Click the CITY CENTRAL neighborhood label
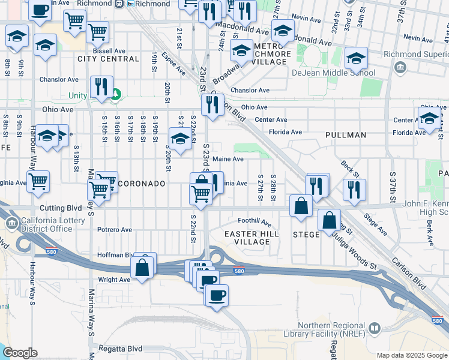tap(109, 59)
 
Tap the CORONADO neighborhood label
tap(141, 183)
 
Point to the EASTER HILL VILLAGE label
tap(247, 237)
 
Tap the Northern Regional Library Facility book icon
tap(375, 328)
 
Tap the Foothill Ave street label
tap(255, 221)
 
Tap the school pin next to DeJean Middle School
tap(356, 58)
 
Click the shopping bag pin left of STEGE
tap(301, 205)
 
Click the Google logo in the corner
tap(19, 353)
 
